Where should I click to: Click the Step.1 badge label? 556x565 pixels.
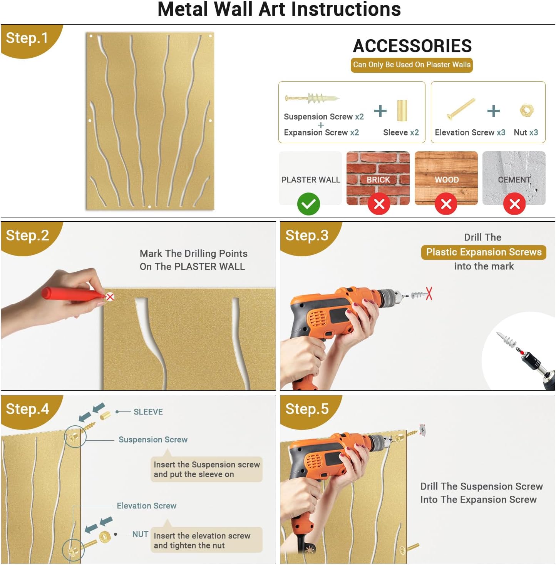[27, 38]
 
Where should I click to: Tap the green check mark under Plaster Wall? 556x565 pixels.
[308, 204]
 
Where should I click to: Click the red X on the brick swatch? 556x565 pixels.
[379, 204]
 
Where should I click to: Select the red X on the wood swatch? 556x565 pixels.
[445, 204]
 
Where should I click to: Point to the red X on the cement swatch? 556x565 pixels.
[514, 204]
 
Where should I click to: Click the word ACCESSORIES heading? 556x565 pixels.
[412, 46]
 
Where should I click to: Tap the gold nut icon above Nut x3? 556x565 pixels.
[527, 110]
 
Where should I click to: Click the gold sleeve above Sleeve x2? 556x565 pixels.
[402, 110]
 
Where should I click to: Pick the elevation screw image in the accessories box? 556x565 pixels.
[461, 109]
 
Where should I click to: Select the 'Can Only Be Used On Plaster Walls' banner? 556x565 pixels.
[412, 65]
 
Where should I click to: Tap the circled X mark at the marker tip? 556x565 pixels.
[110, 297]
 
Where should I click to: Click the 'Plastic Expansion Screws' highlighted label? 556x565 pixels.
[484, 252]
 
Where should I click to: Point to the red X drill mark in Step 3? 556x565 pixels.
[429, 294]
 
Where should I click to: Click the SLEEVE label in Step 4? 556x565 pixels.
[148, 412]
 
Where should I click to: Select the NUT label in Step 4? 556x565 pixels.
[140, 534]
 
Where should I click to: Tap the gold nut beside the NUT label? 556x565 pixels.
[104, 537]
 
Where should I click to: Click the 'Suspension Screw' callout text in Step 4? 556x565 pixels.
[153, 440]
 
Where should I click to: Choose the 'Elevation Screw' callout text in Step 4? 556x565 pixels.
[146, 506]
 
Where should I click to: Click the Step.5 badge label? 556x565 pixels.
[307, 409]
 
